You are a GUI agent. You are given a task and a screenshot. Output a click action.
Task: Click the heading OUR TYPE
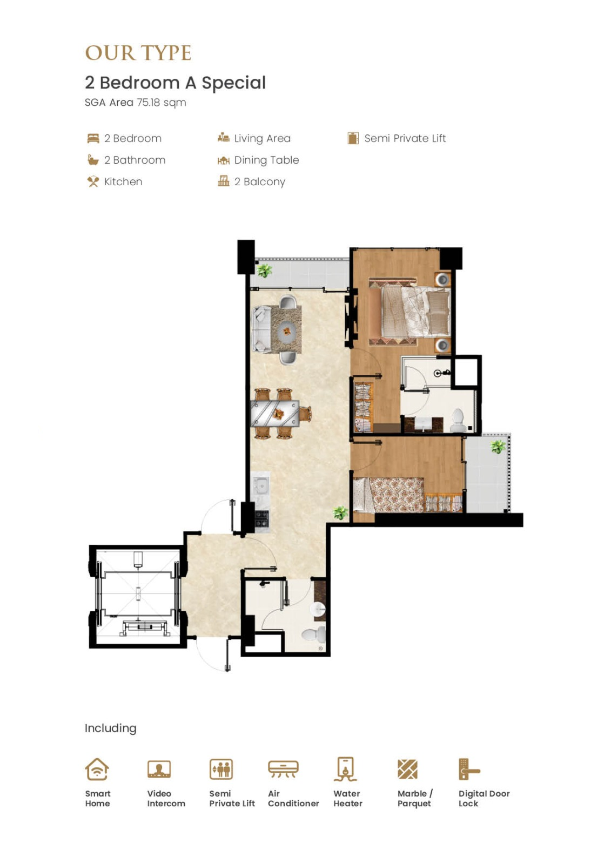(138, 53)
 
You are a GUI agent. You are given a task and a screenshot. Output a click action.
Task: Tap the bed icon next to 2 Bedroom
(93, 138)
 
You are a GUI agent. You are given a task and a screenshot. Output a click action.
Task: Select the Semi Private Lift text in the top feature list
(405, 138)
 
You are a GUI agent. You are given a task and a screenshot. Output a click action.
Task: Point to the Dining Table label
(266, 160)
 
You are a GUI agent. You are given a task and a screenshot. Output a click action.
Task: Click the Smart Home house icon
(97, 769)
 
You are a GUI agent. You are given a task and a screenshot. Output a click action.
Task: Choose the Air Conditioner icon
(283, 769)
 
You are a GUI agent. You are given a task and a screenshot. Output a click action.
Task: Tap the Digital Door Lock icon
(469, 769)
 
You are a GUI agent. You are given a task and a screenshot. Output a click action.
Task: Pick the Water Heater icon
(345, 769)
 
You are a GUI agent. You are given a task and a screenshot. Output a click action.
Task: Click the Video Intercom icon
(159, 769)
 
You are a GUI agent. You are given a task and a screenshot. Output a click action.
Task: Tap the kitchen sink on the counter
(261, 485)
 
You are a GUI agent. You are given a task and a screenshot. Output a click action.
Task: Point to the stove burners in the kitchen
(262, 519)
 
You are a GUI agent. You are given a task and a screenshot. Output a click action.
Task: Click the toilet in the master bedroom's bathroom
(458, 421)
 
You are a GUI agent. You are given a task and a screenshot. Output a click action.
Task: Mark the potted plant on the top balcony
(264, 271)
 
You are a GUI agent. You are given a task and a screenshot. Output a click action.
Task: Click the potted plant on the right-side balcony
(498, 447)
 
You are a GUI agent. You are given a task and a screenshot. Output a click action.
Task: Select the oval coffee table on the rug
(287, 330)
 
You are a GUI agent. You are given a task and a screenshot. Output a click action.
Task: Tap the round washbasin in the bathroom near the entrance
(318, 609)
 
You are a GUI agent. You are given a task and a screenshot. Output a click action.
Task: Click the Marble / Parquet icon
(407, 769)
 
